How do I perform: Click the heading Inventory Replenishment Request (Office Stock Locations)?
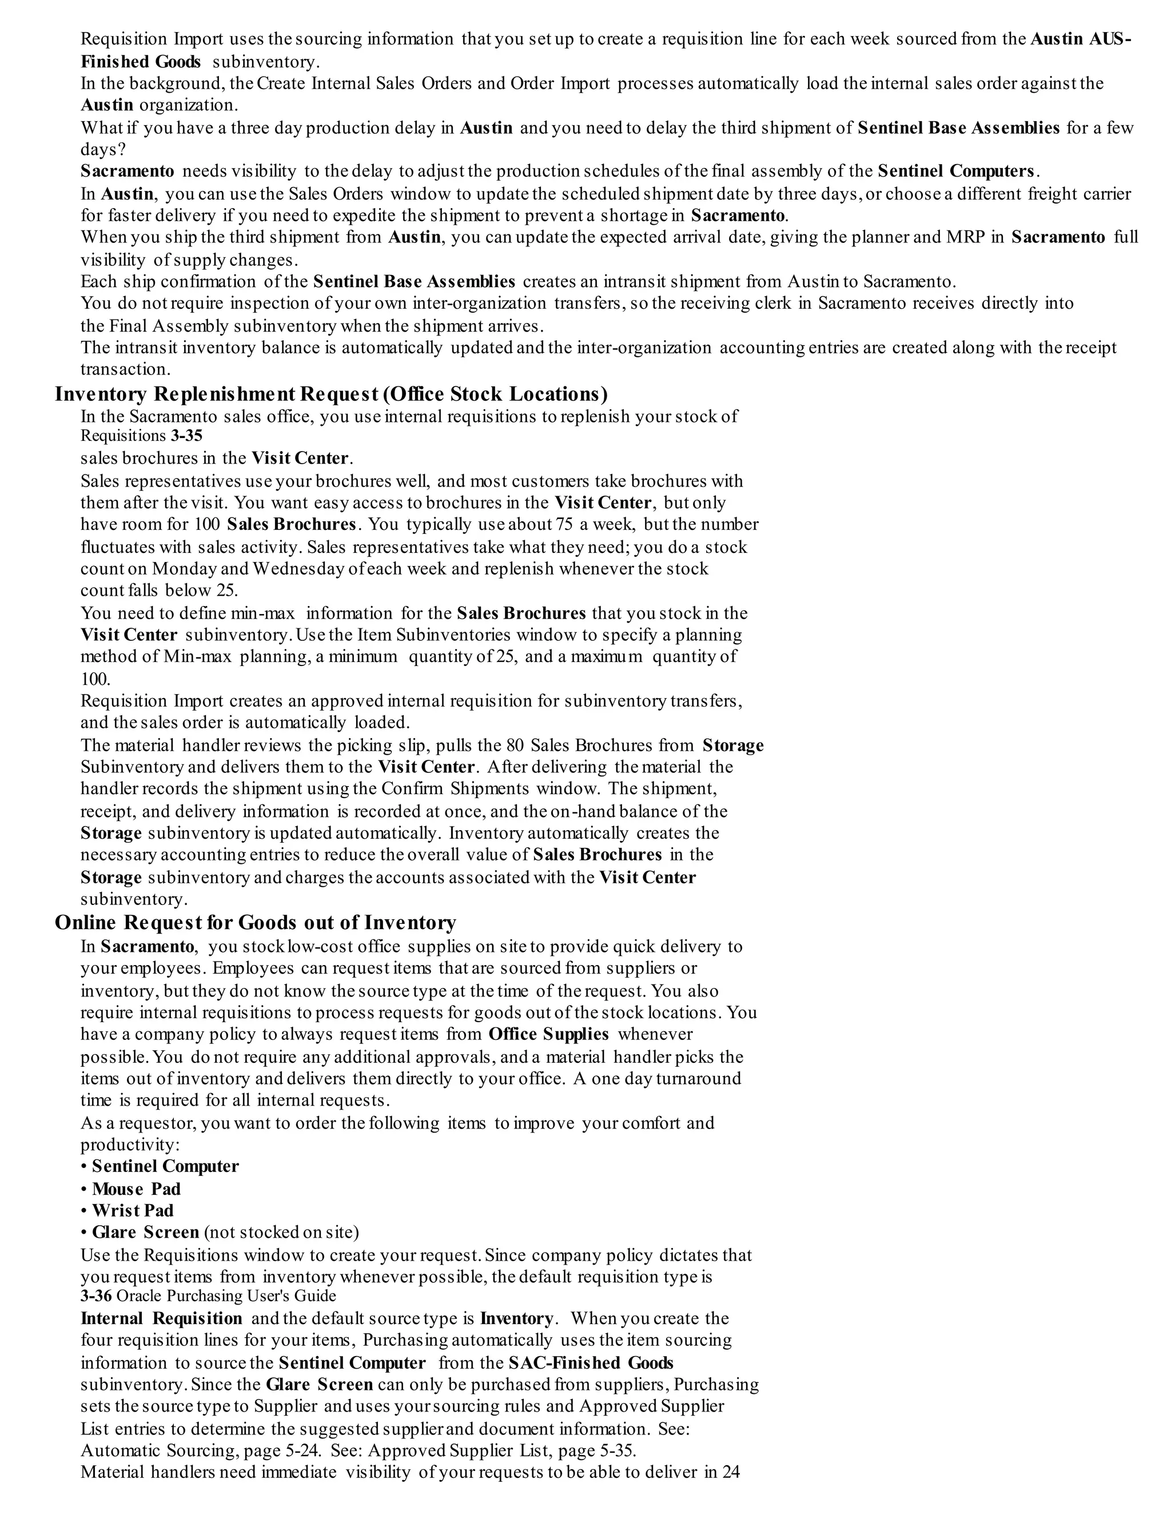coord(331,394)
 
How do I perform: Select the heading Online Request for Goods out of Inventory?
coord(255,923)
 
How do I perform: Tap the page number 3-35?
coord(186,436)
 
